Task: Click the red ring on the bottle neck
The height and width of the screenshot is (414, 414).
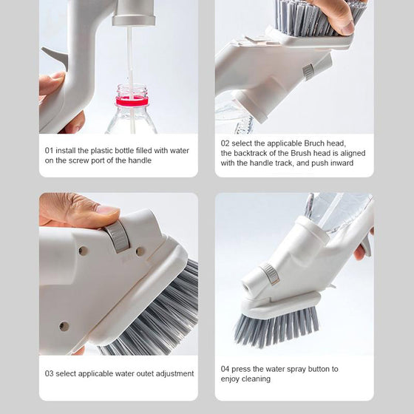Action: tap(132, 101)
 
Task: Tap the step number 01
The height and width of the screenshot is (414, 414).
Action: tap(49, 151)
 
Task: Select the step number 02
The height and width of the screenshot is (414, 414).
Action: tap(225, 143)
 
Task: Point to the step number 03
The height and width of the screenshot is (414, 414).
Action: tap(49, 373)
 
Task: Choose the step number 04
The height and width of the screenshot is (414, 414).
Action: tap(225, 369)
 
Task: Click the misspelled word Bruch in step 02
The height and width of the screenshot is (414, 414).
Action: tap(314, 143)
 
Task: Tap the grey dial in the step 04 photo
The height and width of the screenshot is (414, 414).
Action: tap(270, 274)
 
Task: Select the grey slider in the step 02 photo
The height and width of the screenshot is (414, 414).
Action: tap(308, 72)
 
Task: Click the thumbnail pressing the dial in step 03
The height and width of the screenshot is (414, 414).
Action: tap(107, 212)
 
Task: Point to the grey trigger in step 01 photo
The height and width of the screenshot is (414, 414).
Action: tap(55, 56)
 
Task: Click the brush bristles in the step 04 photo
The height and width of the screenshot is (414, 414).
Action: tap(276, 327)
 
